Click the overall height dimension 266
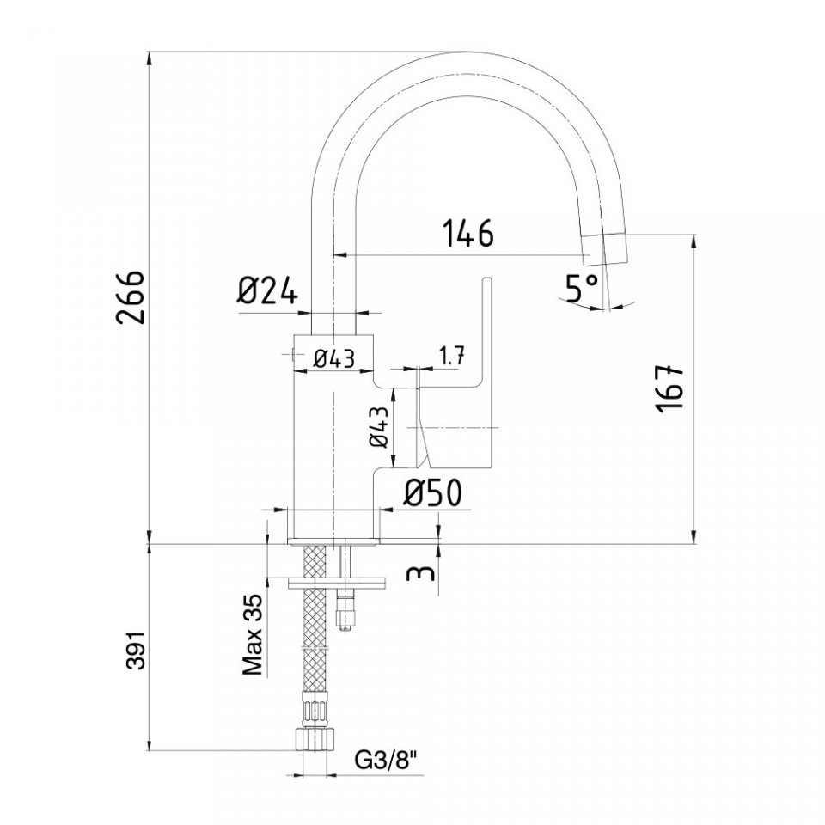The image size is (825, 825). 130,298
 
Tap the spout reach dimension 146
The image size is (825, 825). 468,233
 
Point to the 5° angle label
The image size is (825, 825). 582,288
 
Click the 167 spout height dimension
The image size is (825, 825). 669,388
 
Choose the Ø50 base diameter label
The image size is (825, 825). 433,493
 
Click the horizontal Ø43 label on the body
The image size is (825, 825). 334,358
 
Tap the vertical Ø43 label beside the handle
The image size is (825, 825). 379,427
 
